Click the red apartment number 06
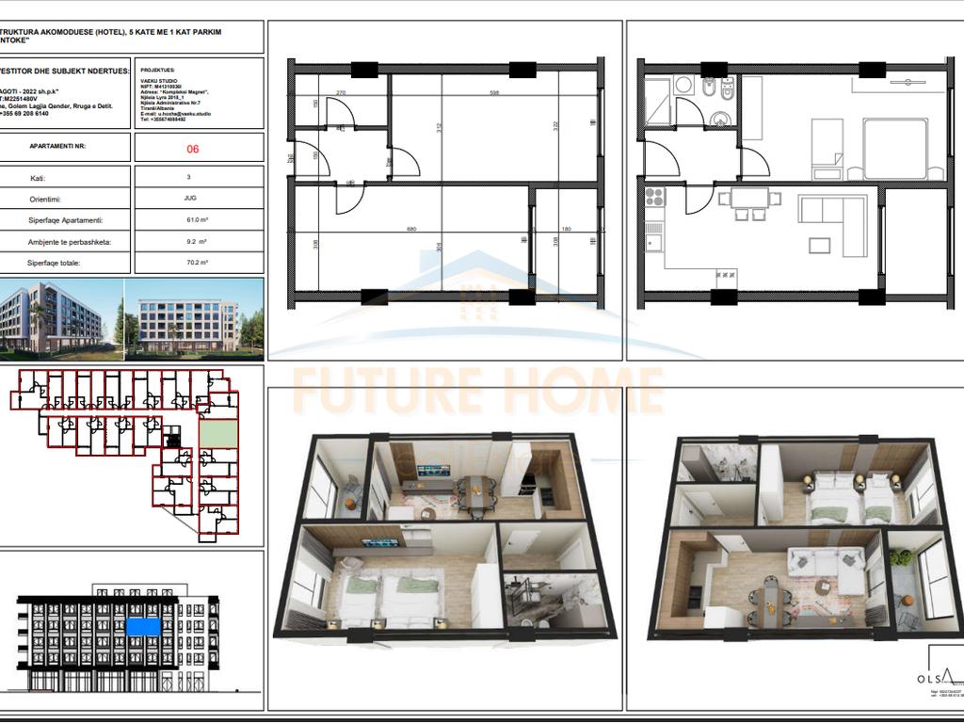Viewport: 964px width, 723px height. point(193,148)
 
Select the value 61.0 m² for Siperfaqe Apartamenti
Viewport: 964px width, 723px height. point(197,220)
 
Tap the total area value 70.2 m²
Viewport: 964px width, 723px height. point(197,264)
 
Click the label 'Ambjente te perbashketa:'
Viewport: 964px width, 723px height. point(69,242)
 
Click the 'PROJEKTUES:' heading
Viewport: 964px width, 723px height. point(158,70)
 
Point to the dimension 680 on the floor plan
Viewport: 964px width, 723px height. point(410,228)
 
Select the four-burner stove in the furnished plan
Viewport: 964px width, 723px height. point(654,197)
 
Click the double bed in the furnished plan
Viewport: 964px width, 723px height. point(895,149)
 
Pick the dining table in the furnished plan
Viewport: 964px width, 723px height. point(749,198)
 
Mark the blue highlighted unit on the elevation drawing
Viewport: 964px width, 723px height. point(142,626)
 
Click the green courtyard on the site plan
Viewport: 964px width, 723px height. point(217,433)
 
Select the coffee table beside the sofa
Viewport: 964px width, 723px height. point(819,245)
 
